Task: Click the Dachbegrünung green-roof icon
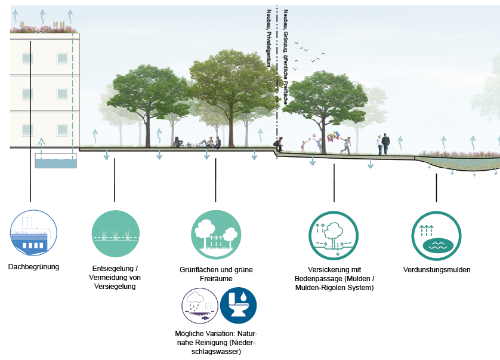[x=33, y=233]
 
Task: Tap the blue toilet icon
[x=238, y=306]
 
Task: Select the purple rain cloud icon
[x=200, y=306]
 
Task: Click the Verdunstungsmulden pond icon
[x=436, y=236]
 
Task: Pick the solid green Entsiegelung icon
[x=115, y=233]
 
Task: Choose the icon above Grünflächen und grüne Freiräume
[x=216, y=235]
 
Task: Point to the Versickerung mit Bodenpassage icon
[x=334, y=236]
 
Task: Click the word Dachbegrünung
[x=33, y=267]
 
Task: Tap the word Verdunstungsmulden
[x=437, y=270]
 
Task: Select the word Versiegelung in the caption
[x=115, y=287]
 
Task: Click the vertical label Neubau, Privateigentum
[x=269, y=38]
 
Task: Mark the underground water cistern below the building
[x=56, y=161]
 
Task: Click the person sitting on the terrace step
[x=279, y=144]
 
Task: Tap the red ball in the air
[x=314, y=136]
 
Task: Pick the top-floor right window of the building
[x=62, y=59]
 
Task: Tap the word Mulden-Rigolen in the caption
[x=317, y=288]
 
